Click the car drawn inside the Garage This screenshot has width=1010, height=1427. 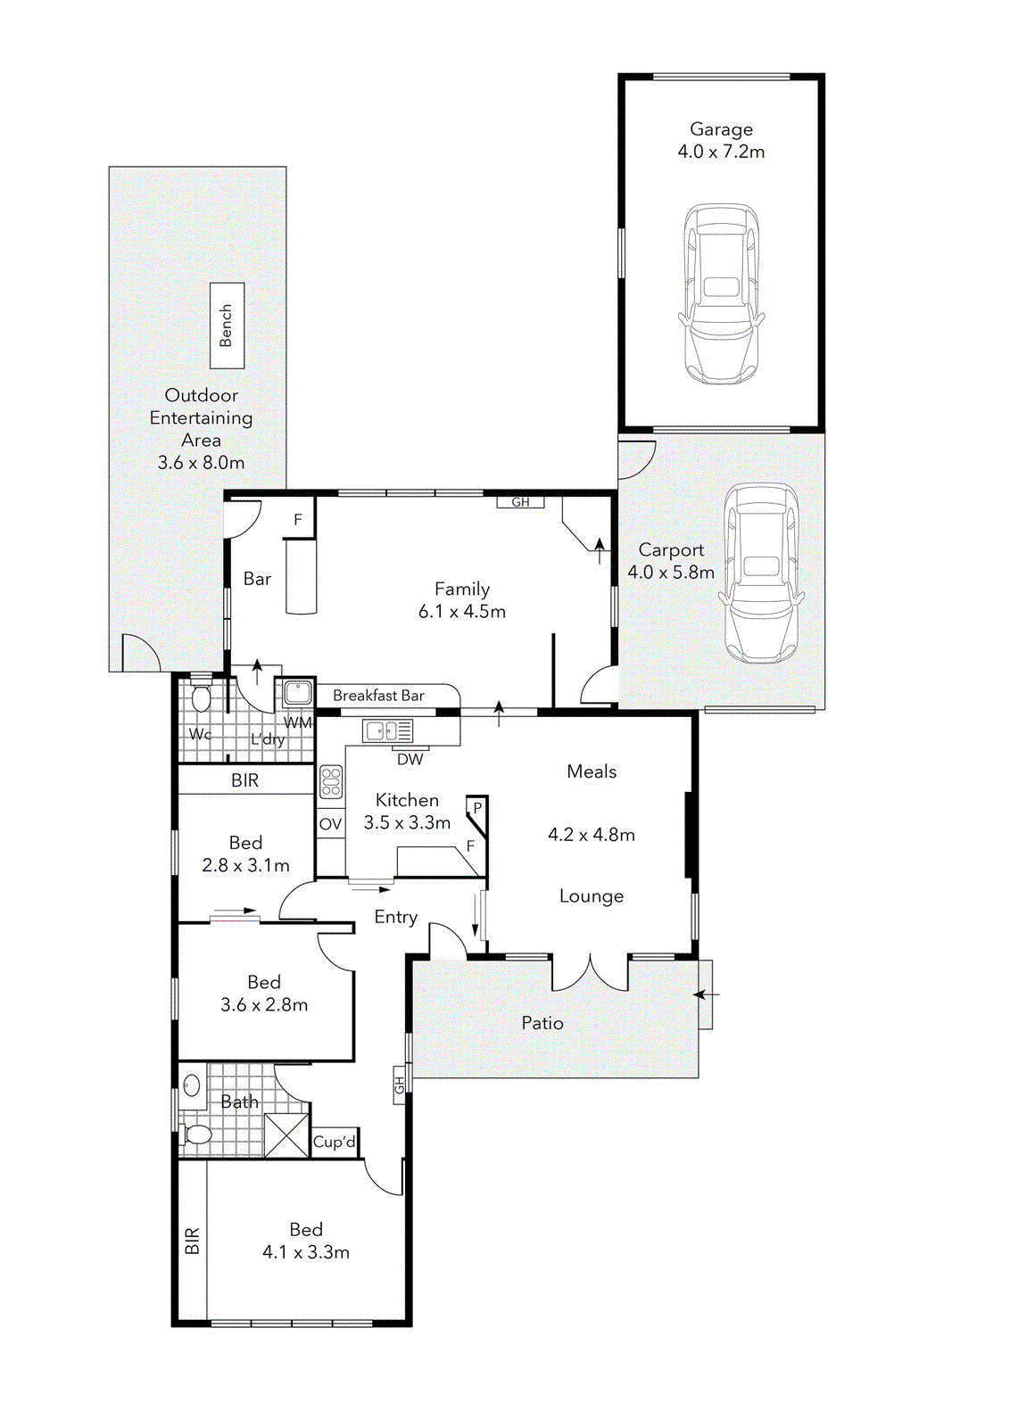[x=721, y=294]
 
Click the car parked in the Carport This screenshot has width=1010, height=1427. [x=760, y=573]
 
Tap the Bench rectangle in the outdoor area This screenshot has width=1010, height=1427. [x=227, y=326]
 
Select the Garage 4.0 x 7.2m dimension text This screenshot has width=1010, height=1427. [x=721, y=152]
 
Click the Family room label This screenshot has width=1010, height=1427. [x=462, y=589]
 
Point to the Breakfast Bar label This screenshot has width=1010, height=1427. [x=378, y=696]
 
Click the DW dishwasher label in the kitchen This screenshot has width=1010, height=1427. [x=410, y=760]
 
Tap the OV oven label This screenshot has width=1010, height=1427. [x=330, y=824]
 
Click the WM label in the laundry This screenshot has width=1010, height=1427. [x=298, y=722]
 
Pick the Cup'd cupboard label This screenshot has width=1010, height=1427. [x=335, y=1142]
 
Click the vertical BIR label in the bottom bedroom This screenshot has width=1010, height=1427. [x=193, y=1241]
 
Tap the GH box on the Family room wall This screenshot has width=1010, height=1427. [x=520, y=502]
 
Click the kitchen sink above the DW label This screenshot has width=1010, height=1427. [x=387, y=731]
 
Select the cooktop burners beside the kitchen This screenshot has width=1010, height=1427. [x=331, y=781]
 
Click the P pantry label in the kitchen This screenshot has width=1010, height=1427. [x=477, y=808]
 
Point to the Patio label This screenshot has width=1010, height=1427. [x=542, y=1023]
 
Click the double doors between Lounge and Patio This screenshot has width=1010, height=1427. [x=590, y=973]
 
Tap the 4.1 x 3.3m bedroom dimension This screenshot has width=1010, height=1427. [x=306, y=1252]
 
